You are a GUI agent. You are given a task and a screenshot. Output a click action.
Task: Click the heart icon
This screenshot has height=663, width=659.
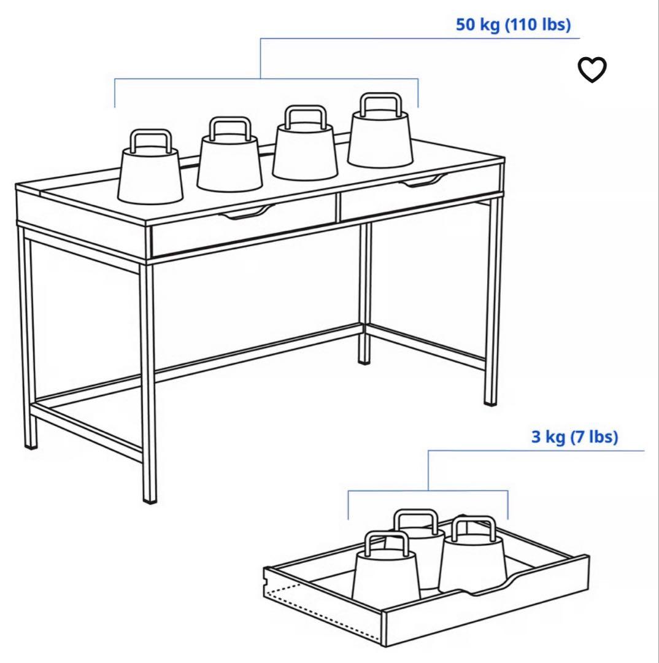[592, 69]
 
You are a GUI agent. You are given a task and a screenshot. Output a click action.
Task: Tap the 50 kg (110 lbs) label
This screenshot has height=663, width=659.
[513, 25]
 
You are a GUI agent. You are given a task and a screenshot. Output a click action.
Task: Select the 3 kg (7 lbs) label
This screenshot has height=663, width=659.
[574, 436]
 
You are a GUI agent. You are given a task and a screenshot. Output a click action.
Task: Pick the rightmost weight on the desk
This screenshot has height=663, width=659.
[380, 133]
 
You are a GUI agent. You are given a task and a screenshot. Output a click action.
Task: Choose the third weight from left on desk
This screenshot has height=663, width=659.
[305, 144]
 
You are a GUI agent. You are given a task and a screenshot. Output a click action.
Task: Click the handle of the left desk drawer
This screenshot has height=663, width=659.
[247, 212]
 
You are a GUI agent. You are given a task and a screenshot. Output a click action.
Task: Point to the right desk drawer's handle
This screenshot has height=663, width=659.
[423, 180]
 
